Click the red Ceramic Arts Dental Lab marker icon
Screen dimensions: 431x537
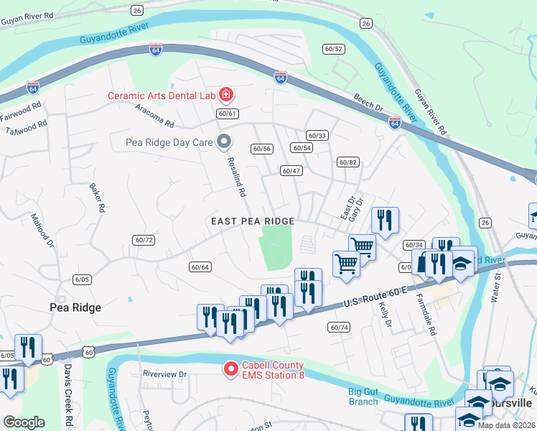[225, 95]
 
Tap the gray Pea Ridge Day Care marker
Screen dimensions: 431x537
[224, 142]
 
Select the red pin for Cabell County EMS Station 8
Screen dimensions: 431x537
[231, 369]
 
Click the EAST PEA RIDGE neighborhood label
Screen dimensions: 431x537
[252, 221]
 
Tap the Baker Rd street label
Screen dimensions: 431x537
[97, 198]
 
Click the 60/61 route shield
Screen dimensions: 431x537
[227, 113]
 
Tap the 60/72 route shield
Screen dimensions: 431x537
[144, 240]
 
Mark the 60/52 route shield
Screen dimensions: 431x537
[334, 49]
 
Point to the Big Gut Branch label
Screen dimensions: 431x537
[363, 397]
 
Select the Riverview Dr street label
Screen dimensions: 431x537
[164, 374]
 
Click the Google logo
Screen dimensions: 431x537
[24, 422]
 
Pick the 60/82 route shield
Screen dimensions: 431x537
[347, 162]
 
